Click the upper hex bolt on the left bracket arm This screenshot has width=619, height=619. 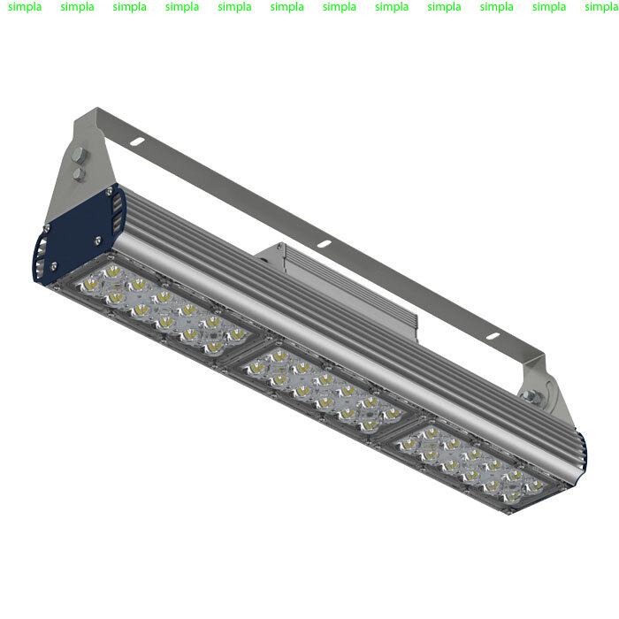79,155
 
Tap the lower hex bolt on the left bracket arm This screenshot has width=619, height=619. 80,174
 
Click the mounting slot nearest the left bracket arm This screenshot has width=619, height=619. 136,141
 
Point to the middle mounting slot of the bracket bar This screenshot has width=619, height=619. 324,244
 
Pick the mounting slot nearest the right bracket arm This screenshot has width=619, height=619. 493,336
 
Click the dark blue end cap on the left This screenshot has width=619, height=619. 79,233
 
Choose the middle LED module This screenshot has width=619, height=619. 325,390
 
